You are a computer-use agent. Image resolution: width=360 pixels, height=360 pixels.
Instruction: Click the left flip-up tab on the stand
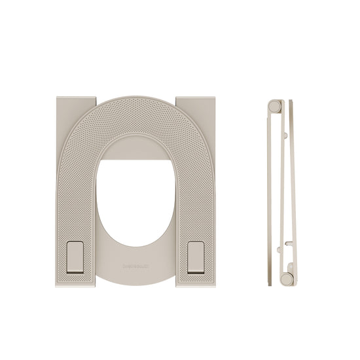click(x=74, y=257)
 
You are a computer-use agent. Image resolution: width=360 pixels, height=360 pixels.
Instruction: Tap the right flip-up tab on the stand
click(x=195, y=257)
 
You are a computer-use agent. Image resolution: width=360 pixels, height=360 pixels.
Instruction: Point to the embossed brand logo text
click(x=135, y=268)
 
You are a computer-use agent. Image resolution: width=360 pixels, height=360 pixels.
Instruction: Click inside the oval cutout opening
click(x=135, y=209)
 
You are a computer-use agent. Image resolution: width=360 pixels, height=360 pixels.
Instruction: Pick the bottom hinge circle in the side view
click(x=285, y=279)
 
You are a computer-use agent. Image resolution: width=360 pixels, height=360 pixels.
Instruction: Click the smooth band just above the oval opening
click(x=135, y=152)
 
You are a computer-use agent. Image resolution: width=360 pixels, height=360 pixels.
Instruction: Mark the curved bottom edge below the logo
click(x=135, y=283)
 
